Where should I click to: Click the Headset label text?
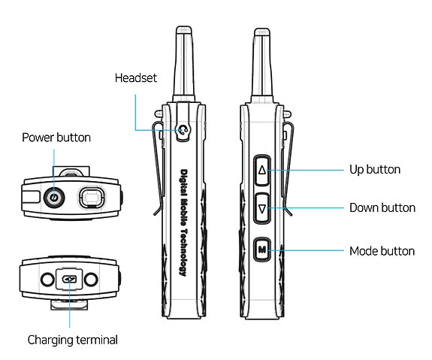pyautogui.click(x=136, y=78)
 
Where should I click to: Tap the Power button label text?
pyautogui.click(x=56, y=138)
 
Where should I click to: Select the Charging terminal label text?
pyautogui.click(x=73, y=340)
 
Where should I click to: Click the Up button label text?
pyautogui.click(x=375, y=170)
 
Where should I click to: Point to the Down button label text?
pyautogui.click(x=382, y=207)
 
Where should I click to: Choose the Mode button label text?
pyautogui.click(x=382, y=251)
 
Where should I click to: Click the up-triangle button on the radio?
pyautogui.click(x=262, y=170)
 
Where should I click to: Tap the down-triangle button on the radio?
pyautogui.click(x=262, y=207)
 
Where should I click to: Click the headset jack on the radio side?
pyautogui.click(x=183, y=131)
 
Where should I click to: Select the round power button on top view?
pyautogui.click(x=53, y=198)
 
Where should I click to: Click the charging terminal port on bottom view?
pyautogui.click(x=69, y=279)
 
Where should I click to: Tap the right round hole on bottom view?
pyautogui.click(x=92, y=279)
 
